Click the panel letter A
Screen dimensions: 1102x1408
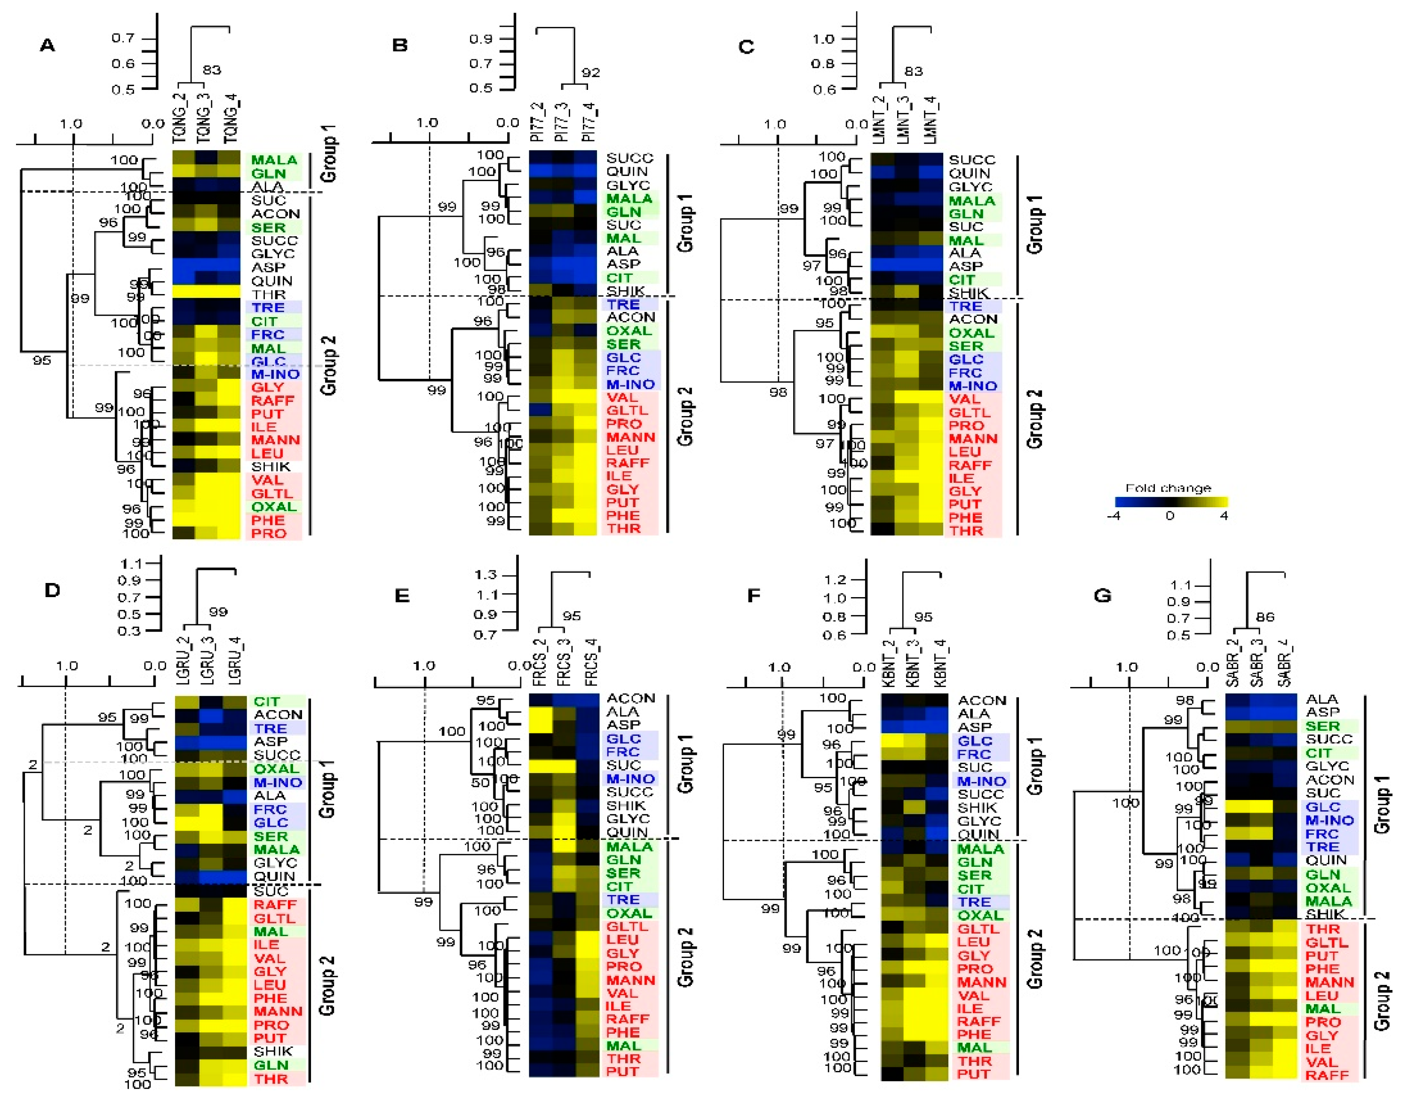(47, 45)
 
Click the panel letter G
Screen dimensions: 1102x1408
(1102, 595)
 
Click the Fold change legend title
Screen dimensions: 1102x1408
(1168, 488)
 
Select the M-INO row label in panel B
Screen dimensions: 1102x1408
(630, 384)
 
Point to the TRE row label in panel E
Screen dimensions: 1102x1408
(623, 899)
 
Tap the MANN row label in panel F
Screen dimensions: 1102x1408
(982, 982)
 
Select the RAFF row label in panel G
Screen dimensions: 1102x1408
(1328, 1075)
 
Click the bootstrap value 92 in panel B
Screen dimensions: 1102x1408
(590, 73)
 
